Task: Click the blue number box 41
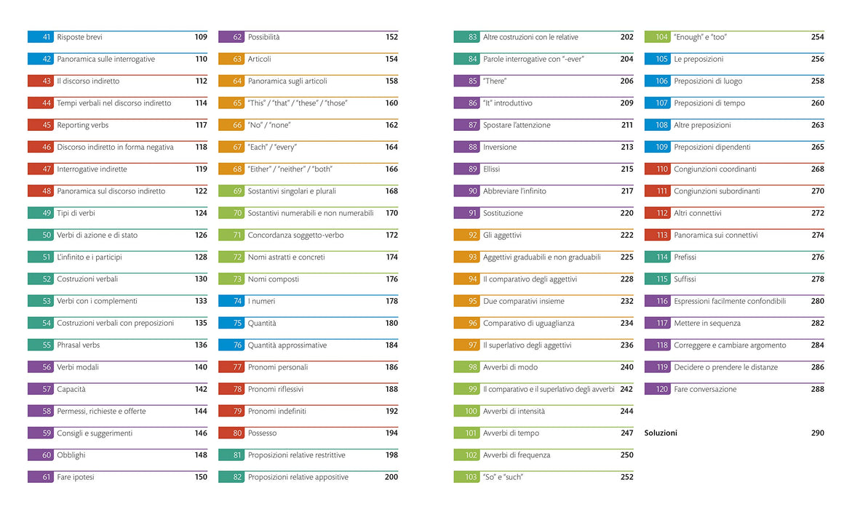click(x=40, y=37)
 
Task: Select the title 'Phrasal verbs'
click(x=79, y=345)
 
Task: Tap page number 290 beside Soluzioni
click(x=817, y=433)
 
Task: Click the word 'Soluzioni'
click(x=661, y=433)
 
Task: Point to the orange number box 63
click(x=231, y=59)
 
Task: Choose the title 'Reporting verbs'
click(x=83, y=125)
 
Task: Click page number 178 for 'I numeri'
click(x=391, y=301)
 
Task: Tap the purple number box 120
click(x=657, y=390)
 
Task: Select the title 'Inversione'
click(x=500, y=147)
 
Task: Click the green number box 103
click(x=466, y=478)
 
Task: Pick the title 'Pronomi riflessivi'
click(x=276, y=389)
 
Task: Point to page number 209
click(x=626, y=103)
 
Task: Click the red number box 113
click(x=657, y=235)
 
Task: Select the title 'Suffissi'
click(x=685, y=279)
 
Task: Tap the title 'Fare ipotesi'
click(x=76, y=478)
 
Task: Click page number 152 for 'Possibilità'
click(x=391, y=37)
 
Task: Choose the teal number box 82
click(x=231, y=478)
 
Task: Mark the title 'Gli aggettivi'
click(x=502, y=235)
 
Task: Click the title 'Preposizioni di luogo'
click(x=708, y=81)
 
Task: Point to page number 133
click(x=201, y=301)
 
